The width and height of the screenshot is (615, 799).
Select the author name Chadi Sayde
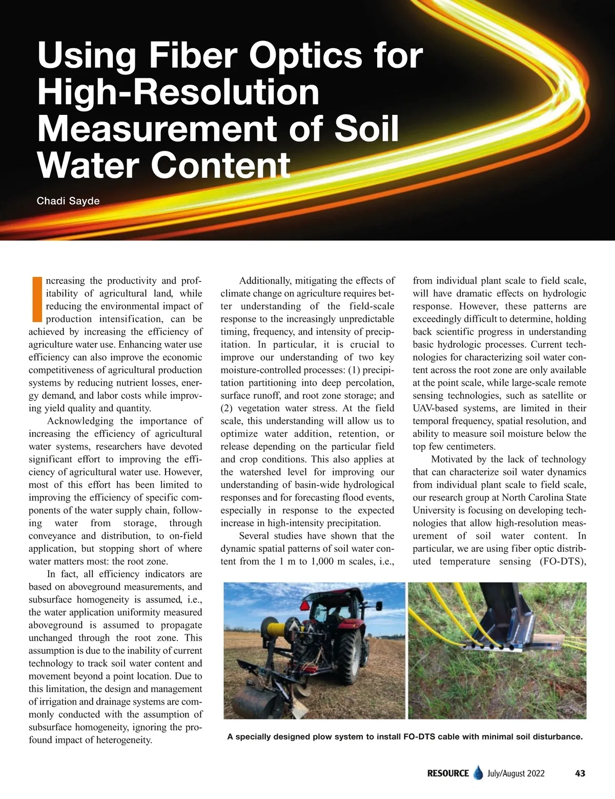68,201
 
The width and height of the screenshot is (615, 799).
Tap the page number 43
580,773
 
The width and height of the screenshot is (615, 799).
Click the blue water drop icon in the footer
479,773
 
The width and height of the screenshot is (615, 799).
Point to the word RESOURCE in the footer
448,773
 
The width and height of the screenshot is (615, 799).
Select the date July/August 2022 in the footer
516,773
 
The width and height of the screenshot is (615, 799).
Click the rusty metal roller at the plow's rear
254,701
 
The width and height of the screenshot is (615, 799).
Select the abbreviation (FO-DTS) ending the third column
563,561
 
